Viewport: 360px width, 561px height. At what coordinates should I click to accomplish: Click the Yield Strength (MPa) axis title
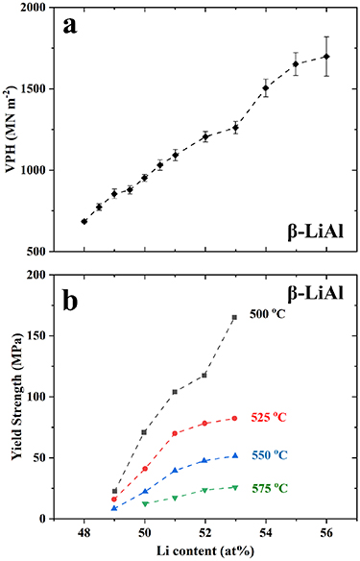pyautogui.click(x=12, y=396)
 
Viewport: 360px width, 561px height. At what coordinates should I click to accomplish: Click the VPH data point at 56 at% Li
pyautogui.click(x=326, y=57)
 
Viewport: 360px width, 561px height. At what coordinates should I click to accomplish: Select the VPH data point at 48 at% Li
pyautogui.click(x=84, y=221)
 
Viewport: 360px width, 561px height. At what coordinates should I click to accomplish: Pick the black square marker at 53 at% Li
pyautogui.click(x=234, y=317)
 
